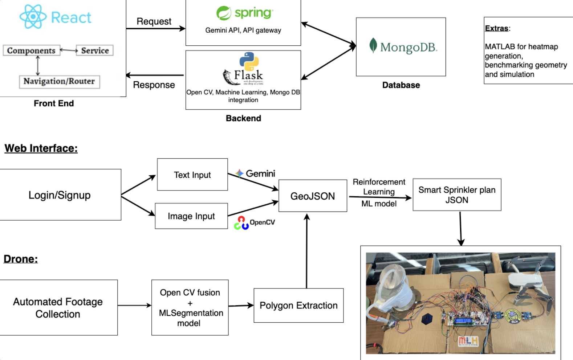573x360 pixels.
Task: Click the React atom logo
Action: (33, 17)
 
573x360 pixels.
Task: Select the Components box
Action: (31, 50)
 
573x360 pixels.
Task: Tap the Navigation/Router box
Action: (59, 81)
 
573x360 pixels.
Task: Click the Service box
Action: (95, 50)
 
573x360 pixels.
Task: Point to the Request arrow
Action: (155, 28)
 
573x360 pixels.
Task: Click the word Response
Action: (154, 85)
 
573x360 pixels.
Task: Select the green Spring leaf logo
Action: (224, 13)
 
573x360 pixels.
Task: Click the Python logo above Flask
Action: (249, 61)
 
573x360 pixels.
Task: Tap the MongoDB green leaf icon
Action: (373, 46)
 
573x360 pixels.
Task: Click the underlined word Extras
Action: (496, 28)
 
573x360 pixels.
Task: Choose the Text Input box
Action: (192, 175)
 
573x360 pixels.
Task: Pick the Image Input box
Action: (191, 216)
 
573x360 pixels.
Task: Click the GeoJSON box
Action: (313, 196)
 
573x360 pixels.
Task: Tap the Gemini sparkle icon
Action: (239, 173)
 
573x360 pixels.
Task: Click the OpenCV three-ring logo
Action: (241, 223)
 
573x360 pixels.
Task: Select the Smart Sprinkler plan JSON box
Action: (457, 195)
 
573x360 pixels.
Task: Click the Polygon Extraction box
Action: (298, 305)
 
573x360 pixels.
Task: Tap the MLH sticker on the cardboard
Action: (468, 341)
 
